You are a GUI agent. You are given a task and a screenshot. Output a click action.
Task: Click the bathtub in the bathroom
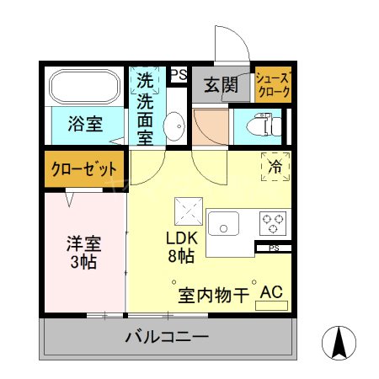85,87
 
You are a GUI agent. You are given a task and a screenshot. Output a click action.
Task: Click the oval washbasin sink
176,127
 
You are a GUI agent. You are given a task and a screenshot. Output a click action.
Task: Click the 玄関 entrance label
220,84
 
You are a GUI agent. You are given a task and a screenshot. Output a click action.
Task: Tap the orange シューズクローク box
274,85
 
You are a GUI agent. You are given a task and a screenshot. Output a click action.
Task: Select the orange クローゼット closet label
84,169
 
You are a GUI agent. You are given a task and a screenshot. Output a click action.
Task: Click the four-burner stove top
273,223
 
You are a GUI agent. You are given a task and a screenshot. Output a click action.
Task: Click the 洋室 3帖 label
84,253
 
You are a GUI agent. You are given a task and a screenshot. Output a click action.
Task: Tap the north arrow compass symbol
340,343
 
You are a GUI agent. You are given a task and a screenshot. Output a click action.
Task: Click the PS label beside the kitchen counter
274,248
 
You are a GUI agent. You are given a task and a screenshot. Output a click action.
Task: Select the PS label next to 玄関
179,75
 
